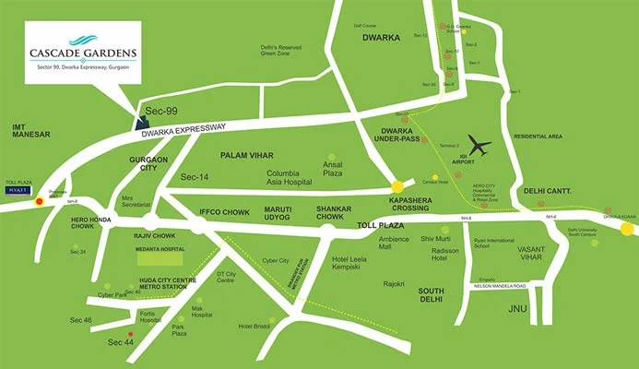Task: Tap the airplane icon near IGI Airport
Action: pos(479,146)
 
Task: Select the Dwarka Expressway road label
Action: pos(185,129)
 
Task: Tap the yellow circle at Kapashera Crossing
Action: pos(397,186)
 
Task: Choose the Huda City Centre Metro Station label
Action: pos(149,285)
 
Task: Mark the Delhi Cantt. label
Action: pos(548,191)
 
